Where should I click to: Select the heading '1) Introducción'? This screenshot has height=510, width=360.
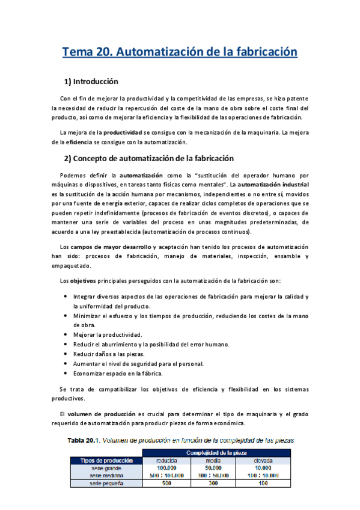click(x=91, y=81)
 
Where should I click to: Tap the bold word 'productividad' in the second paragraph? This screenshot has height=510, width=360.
click(x=123, y=132)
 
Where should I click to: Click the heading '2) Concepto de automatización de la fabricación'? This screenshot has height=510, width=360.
click(x=148, y=159)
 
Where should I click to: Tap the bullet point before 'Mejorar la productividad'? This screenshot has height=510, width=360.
click(x=65, y=334)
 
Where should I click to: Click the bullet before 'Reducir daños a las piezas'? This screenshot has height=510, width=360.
click(x=65, y=354)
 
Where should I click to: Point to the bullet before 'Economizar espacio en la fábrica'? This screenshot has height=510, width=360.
click(x=65, y=373)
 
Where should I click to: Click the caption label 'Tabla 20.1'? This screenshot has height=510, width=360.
click(x=84, y=440)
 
